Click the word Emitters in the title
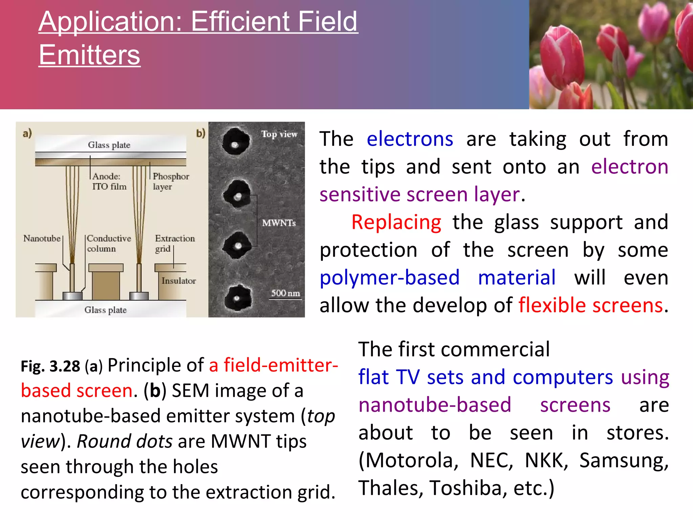coord(89,55)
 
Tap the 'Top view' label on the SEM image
coord(279,134)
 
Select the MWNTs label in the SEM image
coord(279,223)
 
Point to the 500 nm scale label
coord(285,293)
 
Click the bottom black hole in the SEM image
coord(238,298)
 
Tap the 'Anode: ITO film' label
coord(109,181)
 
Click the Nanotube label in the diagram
coord(42,238)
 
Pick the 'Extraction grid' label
coord(174,243)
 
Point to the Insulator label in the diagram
coord(178,281)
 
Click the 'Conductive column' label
coord(108,243)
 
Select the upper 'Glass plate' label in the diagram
coord(109,145)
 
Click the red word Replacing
coord(396,222)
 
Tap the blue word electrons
coord(410,139)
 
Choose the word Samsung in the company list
coord(624,461)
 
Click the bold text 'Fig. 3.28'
coord(50,366)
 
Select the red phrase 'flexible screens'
coord(590,305)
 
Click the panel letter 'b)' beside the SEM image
coord(201,133)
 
